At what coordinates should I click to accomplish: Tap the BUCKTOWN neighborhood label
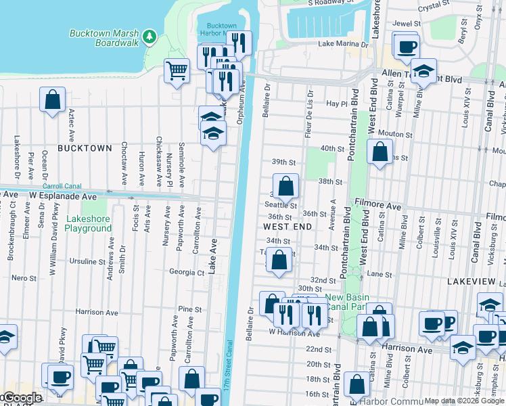pos(85,148)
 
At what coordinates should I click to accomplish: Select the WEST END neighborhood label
pos(287,226)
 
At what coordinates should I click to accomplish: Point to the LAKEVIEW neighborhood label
pos(474,280)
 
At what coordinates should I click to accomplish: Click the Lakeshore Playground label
pos(88,224)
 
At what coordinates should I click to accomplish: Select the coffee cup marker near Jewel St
pos(407,47)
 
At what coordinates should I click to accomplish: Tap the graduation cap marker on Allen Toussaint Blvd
pos(423,70)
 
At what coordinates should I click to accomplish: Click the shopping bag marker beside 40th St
pos(379,151)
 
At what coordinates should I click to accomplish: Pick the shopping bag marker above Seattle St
pos(286,185)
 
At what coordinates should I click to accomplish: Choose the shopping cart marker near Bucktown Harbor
pos(177,69)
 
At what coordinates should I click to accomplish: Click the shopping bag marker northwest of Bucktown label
pos(52,100)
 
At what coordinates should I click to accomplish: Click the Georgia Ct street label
pos(186,273)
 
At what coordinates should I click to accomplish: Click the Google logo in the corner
pos(22,398)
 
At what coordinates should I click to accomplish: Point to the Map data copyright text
pos(464,401)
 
